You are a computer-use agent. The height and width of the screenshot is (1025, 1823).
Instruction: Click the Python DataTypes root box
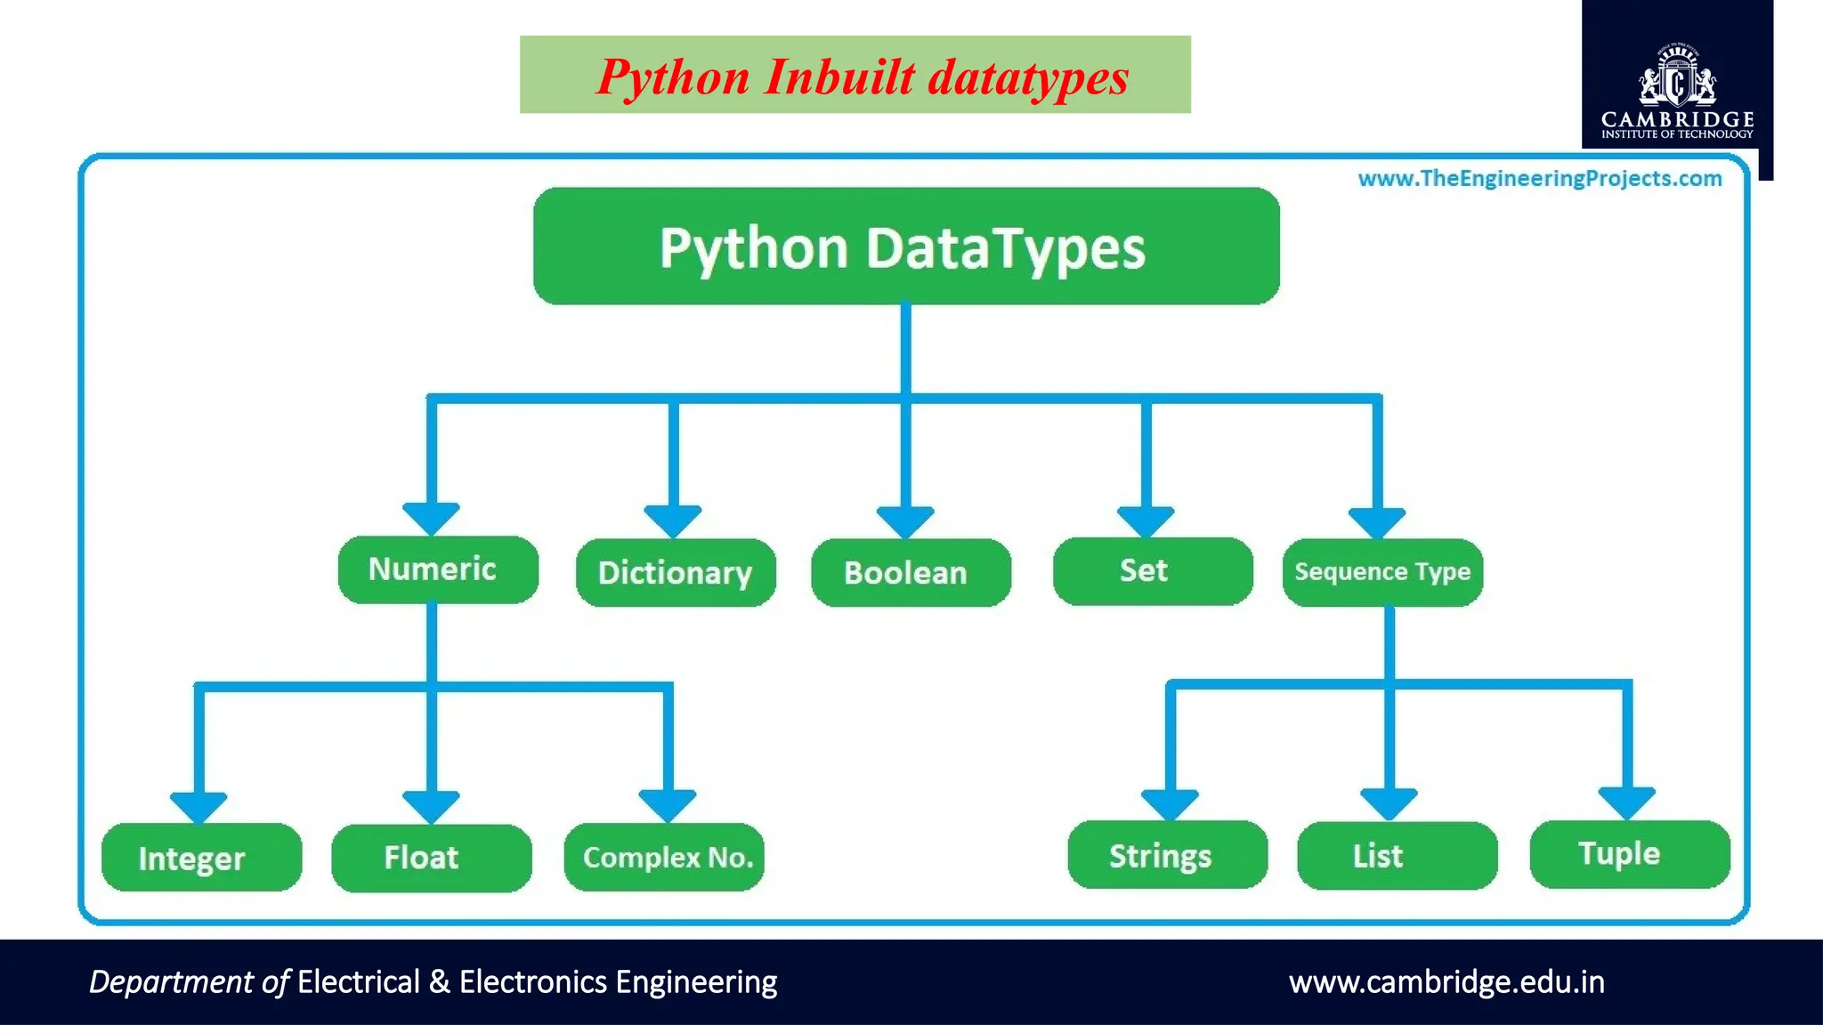point(906,246)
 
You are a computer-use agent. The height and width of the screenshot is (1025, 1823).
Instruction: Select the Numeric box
point(438,569)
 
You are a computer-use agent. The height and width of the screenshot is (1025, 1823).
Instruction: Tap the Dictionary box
point(676,572)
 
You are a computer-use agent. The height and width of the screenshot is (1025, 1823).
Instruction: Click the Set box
point(1152,570)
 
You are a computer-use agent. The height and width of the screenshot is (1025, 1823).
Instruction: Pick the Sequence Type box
point(1382,571)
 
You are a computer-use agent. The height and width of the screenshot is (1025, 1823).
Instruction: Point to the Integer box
point(201,857)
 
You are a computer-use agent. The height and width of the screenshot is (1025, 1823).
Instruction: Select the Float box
point(431,857)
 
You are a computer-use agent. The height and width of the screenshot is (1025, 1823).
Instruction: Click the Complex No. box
point(664,857)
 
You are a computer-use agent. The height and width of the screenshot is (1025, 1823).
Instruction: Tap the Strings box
point(1167,855)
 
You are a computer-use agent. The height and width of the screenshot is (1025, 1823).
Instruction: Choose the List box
point(1397,855)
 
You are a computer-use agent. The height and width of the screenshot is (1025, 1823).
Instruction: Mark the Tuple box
point(1629,853)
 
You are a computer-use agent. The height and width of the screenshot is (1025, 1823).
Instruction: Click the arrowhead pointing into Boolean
point(905,521)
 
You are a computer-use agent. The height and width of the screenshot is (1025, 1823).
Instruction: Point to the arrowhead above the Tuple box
point(1626,802)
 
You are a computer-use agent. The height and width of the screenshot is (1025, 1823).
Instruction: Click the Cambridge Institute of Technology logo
point(1677,89)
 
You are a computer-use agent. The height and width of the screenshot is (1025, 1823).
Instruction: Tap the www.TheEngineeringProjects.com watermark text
point(1539,179)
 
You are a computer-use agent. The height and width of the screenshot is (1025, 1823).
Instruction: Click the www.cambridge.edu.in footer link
point(1446,982)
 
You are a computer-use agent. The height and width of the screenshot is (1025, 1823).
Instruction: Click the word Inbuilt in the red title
point(839,77)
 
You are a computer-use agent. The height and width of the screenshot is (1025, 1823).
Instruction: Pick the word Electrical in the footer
point(358,982)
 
